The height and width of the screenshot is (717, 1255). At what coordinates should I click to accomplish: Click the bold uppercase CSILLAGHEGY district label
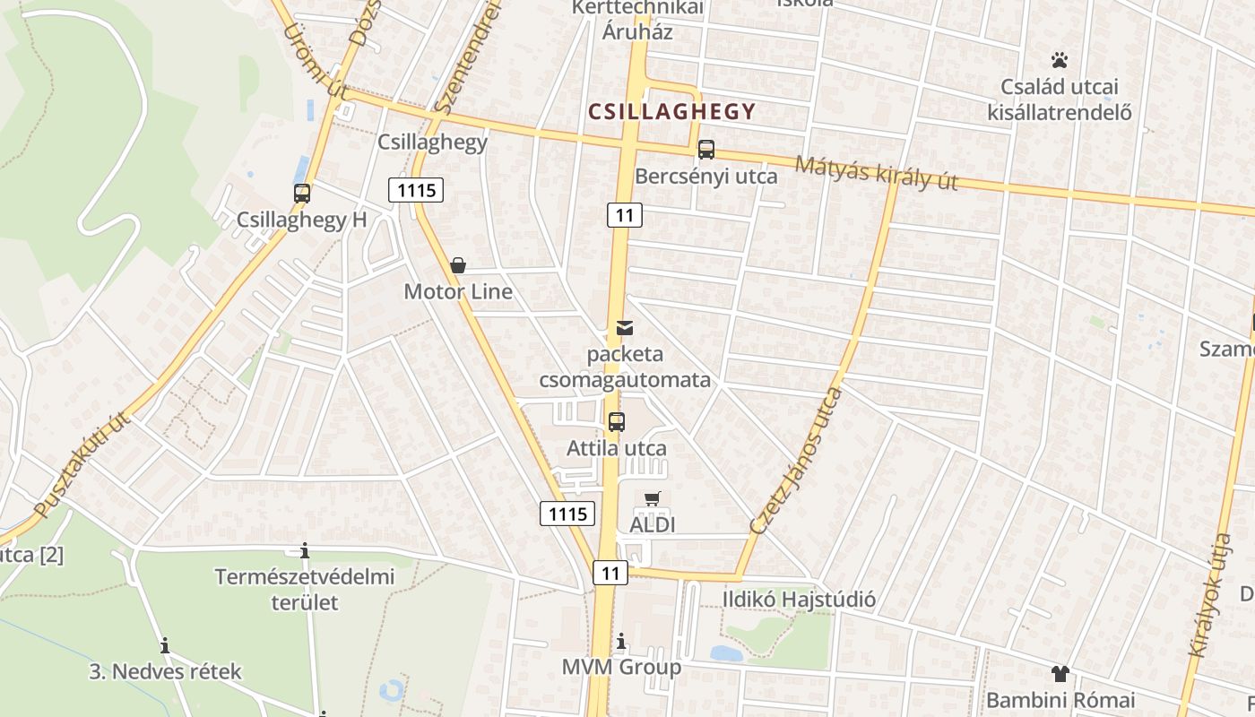click(x=671, y=112)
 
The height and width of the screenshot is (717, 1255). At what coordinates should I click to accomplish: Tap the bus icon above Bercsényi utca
click(x=706, y=150)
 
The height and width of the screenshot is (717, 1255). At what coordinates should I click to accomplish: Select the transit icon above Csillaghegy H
click(x=302, y=193)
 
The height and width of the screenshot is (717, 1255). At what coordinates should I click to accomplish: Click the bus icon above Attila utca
click(x=617, y=421)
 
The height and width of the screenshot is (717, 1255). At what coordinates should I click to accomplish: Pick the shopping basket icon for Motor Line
click(x=458, y=265)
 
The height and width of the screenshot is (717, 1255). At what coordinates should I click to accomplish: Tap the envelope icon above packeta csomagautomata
click(x=625, y=328)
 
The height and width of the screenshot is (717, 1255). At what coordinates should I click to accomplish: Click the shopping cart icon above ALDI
click(x=653, y=498)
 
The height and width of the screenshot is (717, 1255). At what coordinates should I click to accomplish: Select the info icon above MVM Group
click(x=621, y=642)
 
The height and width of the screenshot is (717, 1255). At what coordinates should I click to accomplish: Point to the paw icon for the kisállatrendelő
click(x=1060, y=61)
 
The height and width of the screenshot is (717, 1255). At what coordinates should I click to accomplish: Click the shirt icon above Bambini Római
click(x=1060, y=674)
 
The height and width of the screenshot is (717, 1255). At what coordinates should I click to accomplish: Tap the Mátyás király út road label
click(x=876, y=172)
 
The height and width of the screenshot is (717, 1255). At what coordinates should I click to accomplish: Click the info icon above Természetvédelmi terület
click(x=305, y=550)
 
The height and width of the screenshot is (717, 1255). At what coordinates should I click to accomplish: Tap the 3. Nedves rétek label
click(x=166, y=671)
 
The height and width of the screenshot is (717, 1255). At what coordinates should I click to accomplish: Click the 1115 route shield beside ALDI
click(x=567, y=514)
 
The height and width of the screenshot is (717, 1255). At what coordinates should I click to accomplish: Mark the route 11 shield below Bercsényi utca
click(x=625, y=215)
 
